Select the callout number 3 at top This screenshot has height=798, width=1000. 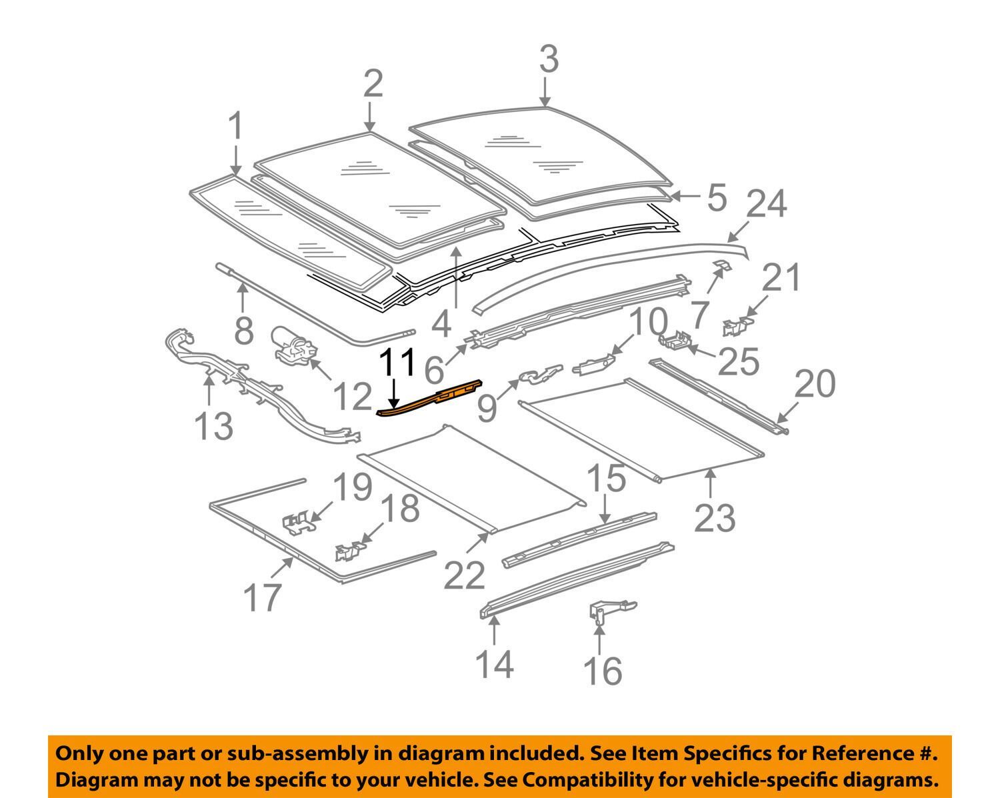tap(548, 60)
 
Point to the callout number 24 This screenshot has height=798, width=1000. tap(767, 205)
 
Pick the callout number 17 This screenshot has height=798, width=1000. tap(263, 596)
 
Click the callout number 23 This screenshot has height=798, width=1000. tap(715, 518)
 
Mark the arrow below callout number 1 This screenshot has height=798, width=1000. tap(235, 160)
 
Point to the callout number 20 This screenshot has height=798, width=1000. tap(815, 385)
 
